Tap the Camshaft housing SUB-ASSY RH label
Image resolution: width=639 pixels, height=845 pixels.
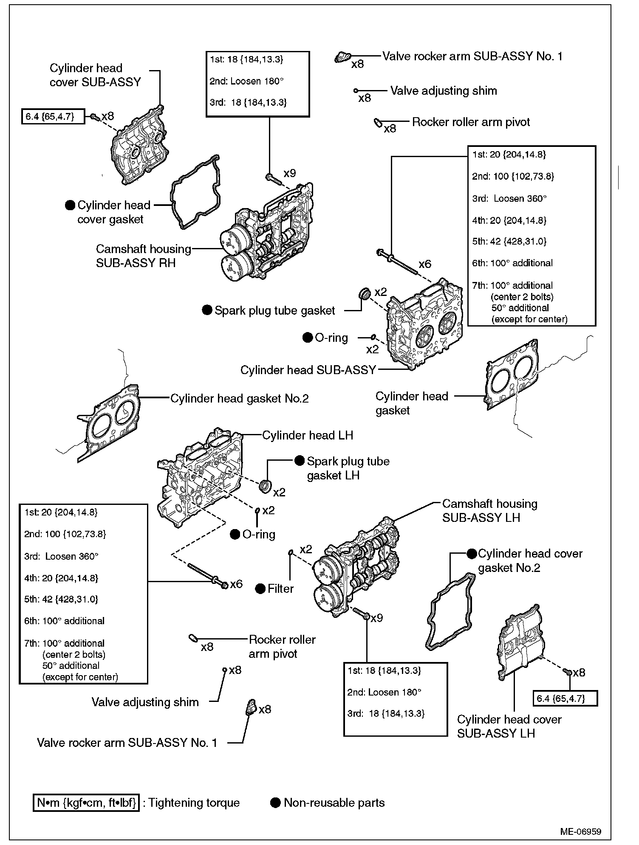(143, 256)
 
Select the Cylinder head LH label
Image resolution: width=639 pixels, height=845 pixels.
(307, 435)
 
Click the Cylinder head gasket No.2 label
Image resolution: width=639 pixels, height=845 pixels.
(239, 398)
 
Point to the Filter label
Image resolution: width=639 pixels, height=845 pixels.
(280, 589)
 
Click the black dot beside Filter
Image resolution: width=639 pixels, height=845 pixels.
(260, 589)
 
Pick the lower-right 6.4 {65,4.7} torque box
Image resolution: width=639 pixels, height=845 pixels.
(565, 698)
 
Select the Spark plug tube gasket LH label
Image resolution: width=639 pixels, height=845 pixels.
(348, 468)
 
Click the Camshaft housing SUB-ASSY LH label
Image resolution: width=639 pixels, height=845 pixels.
(489, 510)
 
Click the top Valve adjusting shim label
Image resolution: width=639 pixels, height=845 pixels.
(443, 90)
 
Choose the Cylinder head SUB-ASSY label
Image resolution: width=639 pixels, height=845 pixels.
(308, 370)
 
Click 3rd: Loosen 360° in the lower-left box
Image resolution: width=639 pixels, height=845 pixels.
(61, 556)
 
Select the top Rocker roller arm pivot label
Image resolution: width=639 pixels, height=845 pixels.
(471, 122)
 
